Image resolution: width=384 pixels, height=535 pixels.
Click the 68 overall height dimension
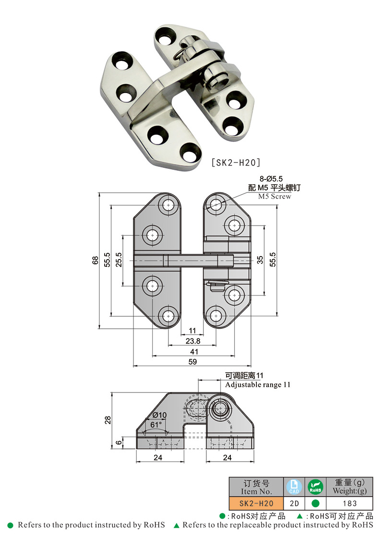[x=95, y=261]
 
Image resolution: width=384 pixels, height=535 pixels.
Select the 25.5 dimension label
[x=119, y=260]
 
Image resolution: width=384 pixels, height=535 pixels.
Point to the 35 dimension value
[x=260, y=260]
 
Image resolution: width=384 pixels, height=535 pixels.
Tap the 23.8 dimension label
[x=193, y=341]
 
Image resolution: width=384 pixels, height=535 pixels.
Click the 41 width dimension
[x=194, y=351]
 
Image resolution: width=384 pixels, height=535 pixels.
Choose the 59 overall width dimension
[x=192, y=362]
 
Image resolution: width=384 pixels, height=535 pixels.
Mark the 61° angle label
[x=156, y=425]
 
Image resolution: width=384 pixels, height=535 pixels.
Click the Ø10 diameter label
[x=159, y=415]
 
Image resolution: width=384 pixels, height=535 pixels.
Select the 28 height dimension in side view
[x=108, y=420]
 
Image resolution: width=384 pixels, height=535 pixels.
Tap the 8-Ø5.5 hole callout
[x=271, y=179]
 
